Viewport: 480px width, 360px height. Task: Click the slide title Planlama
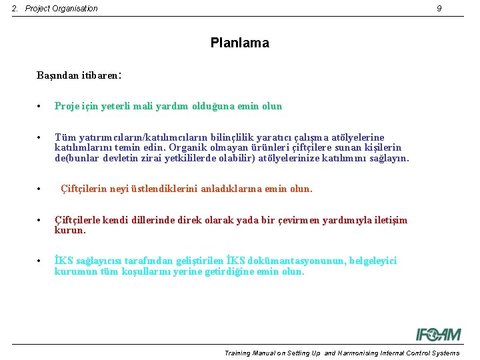[x=239, y=43]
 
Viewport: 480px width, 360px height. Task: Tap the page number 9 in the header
[x=439, y=9]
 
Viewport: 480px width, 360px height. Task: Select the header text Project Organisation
[x=61, y=9]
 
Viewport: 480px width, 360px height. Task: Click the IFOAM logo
[x=438, y=334]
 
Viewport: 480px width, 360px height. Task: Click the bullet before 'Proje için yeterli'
[x=40, y=107]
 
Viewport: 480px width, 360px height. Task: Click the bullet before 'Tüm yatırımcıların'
[x=40, y=137]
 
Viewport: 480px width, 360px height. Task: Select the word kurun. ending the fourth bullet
[x=70, y=231]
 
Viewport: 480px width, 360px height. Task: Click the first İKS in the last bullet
[x=63, y=261]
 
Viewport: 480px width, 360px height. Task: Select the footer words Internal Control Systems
[x=419, y=353]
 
